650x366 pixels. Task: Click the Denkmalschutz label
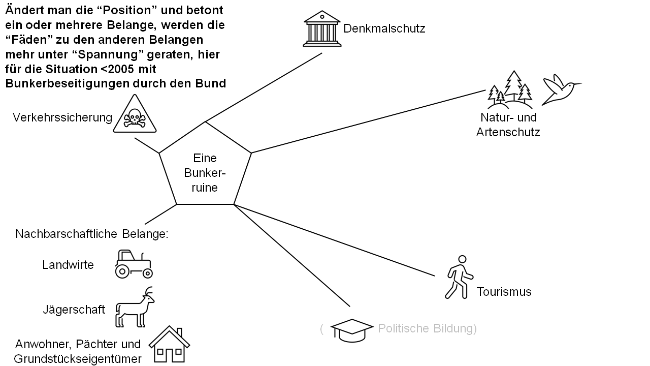pos(384,28)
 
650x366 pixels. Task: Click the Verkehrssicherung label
pos(62,117)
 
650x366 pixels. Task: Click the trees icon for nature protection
pos(509,90)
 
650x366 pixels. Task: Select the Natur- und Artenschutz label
pos(508,125)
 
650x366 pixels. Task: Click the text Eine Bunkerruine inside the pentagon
pos(205,173)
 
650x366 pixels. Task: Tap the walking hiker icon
pos(459,277)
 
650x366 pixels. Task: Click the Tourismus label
pos(504,292)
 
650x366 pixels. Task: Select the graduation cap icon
pos(351,329)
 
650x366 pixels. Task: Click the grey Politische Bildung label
pos(427,328)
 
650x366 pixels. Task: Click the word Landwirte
pos(68,265)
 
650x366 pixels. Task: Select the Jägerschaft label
pos(74,309)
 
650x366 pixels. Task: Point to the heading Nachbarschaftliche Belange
pos(91,234)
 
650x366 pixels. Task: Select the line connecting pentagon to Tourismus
pos(335,240)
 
